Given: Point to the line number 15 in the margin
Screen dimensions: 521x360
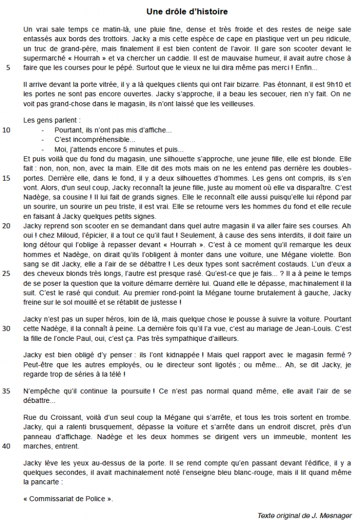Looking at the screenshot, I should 7,178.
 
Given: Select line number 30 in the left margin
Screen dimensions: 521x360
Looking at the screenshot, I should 7,328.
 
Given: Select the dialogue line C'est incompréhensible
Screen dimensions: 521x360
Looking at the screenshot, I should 95,139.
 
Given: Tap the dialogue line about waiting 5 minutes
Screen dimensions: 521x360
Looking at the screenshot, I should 119,149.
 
